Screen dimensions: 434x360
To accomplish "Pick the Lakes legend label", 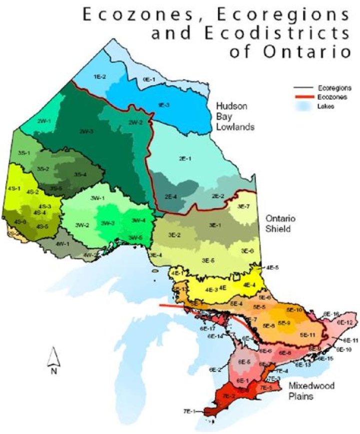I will click(x=325, y=106).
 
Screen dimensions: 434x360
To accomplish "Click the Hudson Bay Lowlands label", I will click(x=234, y=117).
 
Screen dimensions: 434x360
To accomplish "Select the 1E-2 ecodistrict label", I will click(x=100, y=77).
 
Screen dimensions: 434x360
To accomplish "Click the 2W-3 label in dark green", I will click(x=86, y=131).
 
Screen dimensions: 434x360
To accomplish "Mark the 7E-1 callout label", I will click(x=189, y=411).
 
